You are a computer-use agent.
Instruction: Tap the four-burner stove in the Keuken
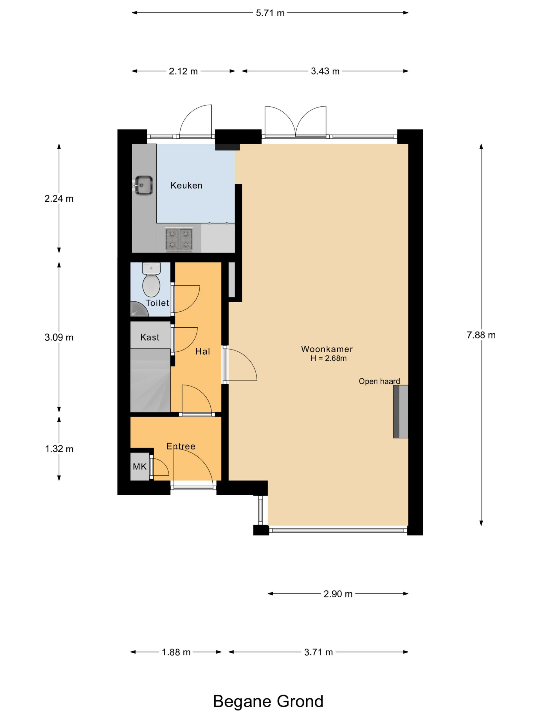pyautogui.click(x=179, y=240)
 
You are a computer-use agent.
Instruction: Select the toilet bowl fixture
pyautogui.click(x=151, y=280)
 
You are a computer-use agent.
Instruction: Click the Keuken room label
pyautogui.click(x=186, y=186)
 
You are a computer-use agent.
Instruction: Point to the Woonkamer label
pyautogui.click(x=327, y=349)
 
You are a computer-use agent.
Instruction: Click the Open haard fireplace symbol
pyautogui.click(x=400, y=411)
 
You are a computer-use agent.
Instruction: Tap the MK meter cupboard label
pyautogui.click(x=139, y=467)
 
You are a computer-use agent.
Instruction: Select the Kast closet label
pyautogui.click(x=150, y=337)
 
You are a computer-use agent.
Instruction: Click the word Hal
pyautogui.click(x=202, y=352)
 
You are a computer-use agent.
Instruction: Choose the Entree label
pyautogui.click(x=181, y=446)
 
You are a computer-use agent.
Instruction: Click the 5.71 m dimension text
pyautogui.click(x=270, y=13)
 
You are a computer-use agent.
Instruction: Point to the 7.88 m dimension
pyautogui.click(x=481, y=335)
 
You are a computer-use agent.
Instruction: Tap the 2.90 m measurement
pyautogui.click(x=338, y=594)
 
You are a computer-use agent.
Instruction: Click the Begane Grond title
pyautogui.click(x=268, y=701)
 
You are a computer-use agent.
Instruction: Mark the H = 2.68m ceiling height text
pyautogui.click(x=328, y=358)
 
